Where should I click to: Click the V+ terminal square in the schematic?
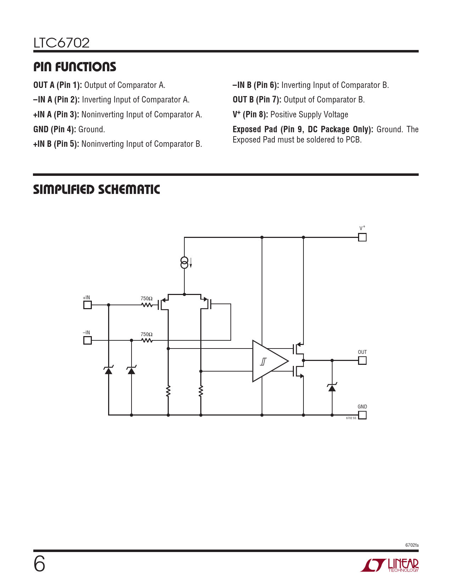tap(362, 237)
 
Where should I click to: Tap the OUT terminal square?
tap(362, 360)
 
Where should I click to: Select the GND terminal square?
tap(362, 415)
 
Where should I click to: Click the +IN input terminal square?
tap(87, 305)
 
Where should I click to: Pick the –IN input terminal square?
tap(87, 340)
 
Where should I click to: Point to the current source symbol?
tap(184, 263)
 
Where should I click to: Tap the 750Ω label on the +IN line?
tap(146, 299)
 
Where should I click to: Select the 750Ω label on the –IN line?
tap(146, 334)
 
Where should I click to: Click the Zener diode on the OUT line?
tap(332, 388)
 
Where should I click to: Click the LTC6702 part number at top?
tap(61, 43)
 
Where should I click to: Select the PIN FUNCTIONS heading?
tap(74, 67)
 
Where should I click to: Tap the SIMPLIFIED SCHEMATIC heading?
tap(96, 190)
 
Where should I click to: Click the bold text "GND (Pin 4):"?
tap(55, 129)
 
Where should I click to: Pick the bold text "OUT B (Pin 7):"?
tap(257, 100)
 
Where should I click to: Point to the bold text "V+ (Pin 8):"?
tap(250, 115)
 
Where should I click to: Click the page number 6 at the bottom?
tap(39, 564)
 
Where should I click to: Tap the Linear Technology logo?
tap(390, 565)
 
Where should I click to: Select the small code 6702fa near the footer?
tap(412, 545)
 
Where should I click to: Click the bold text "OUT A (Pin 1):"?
tap(57, 85)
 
